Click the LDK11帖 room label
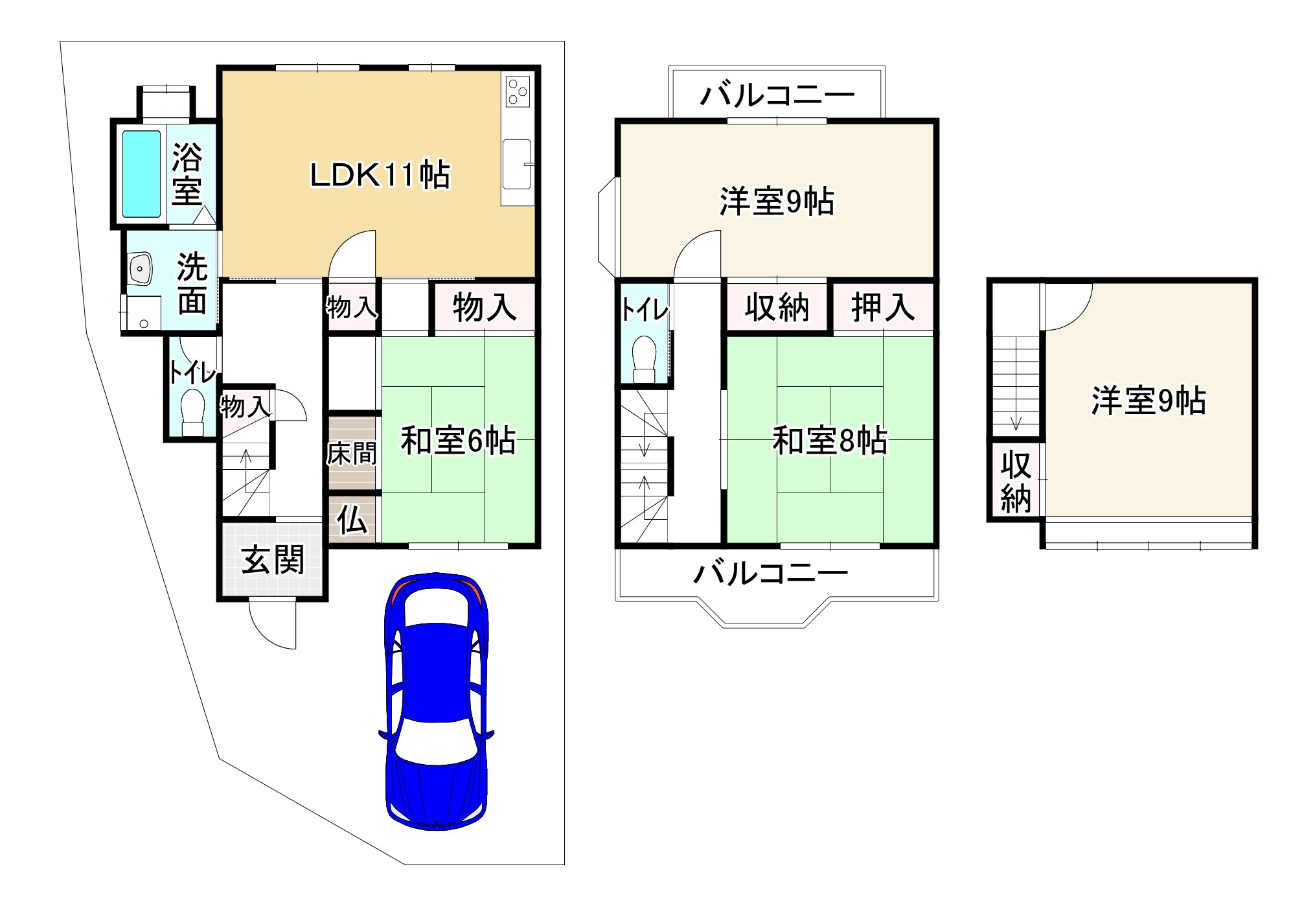pyautogui.click(x=380, y=175)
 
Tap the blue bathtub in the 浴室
pyautogui.click(x=141, y=174)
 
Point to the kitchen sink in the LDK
pyautogui.click(x=517, y=165)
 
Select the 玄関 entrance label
pyautogui.click(x=273, y=560)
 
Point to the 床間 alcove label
pyautogui.click(x=351, y=453)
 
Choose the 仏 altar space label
pyautogui.click(x=352, y=520)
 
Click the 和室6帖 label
pyautogui.click(x=457, y=441)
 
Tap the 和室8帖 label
pyautogui.click(x=830, y=441)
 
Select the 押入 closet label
pyautogui.click(x=882, y=307)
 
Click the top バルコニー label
pyautogui.click(x=777, y=97)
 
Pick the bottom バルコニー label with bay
pyautogui.click(x=770, y=573)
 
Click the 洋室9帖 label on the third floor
pyautogui.click(x=1149, y=401)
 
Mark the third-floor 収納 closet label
pyautogui.click(x=1015, y=482)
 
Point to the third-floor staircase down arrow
pyautogui.click(x=1016, y=421)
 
